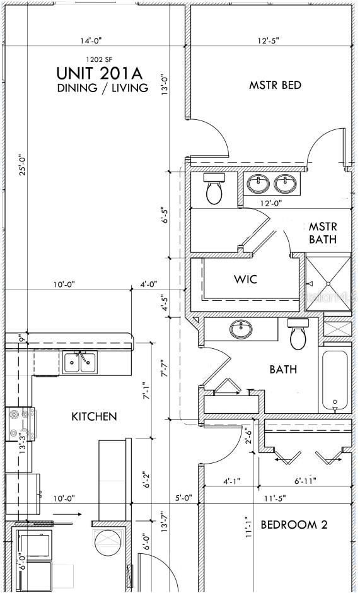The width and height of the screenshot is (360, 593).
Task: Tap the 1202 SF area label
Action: (100, 59)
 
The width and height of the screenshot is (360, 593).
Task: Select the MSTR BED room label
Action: (276, 85)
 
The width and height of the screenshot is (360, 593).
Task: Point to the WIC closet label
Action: (245, 279)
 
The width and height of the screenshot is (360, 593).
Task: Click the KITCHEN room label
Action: (94, 417)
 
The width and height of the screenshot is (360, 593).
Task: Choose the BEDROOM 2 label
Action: (294, 524)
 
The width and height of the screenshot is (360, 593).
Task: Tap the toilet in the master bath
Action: (214, 189)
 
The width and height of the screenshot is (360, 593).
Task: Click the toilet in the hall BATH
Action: (299, 334)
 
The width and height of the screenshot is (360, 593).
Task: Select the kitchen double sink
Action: (80, 362)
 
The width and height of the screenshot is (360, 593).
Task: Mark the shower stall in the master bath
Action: (328, 283)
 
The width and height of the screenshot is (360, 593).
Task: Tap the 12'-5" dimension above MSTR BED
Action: (269, 40)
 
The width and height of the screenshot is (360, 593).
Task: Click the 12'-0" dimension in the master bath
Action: (271, 203)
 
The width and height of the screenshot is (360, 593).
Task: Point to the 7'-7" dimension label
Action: (164, 368)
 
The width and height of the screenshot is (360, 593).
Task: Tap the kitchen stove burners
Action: (20, 423)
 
